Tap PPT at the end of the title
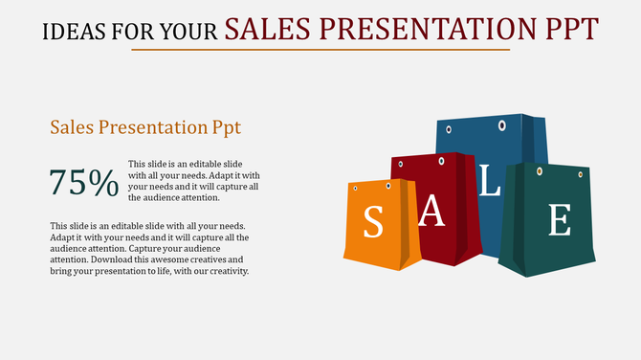(x=570, y=28)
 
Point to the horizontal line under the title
(x=320, y=50)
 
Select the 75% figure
(x=84, y=182)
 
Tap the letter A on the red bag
(x=433, y=213)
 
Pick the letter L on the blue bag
(x=489, y=182)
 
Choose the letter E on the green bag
(x=559, y=220)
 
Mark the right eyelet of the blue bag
(x=501, y=125)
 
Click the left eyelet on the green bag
(x=539, y=171)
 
